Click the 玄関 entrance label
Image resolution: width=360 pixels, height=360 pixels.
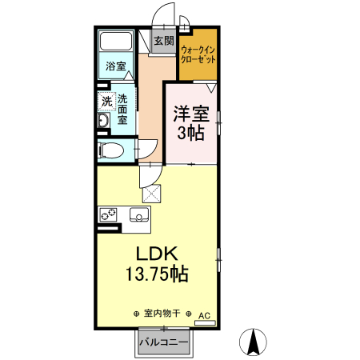click(x=163, y=41)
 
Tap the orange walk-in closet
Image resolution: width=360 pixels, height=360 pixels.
click(x=198, y=54)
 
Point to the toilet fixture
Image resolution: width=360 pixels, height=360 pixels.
click(x=112, y=150)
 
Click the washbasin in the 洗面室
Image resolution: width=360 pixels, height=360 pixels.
click(x=103, y=121)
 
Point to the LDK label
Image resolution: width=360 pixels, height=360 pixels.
click(x=156, y=254)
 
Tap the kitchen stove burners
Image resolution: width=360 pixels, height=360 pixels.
click(x=108, y=214)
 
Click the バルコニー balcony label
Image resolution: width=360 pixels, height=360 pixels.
click(x=163, y=342)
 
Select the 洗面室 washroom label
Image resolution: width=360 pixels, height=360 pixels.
click(x=122, y=109)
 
